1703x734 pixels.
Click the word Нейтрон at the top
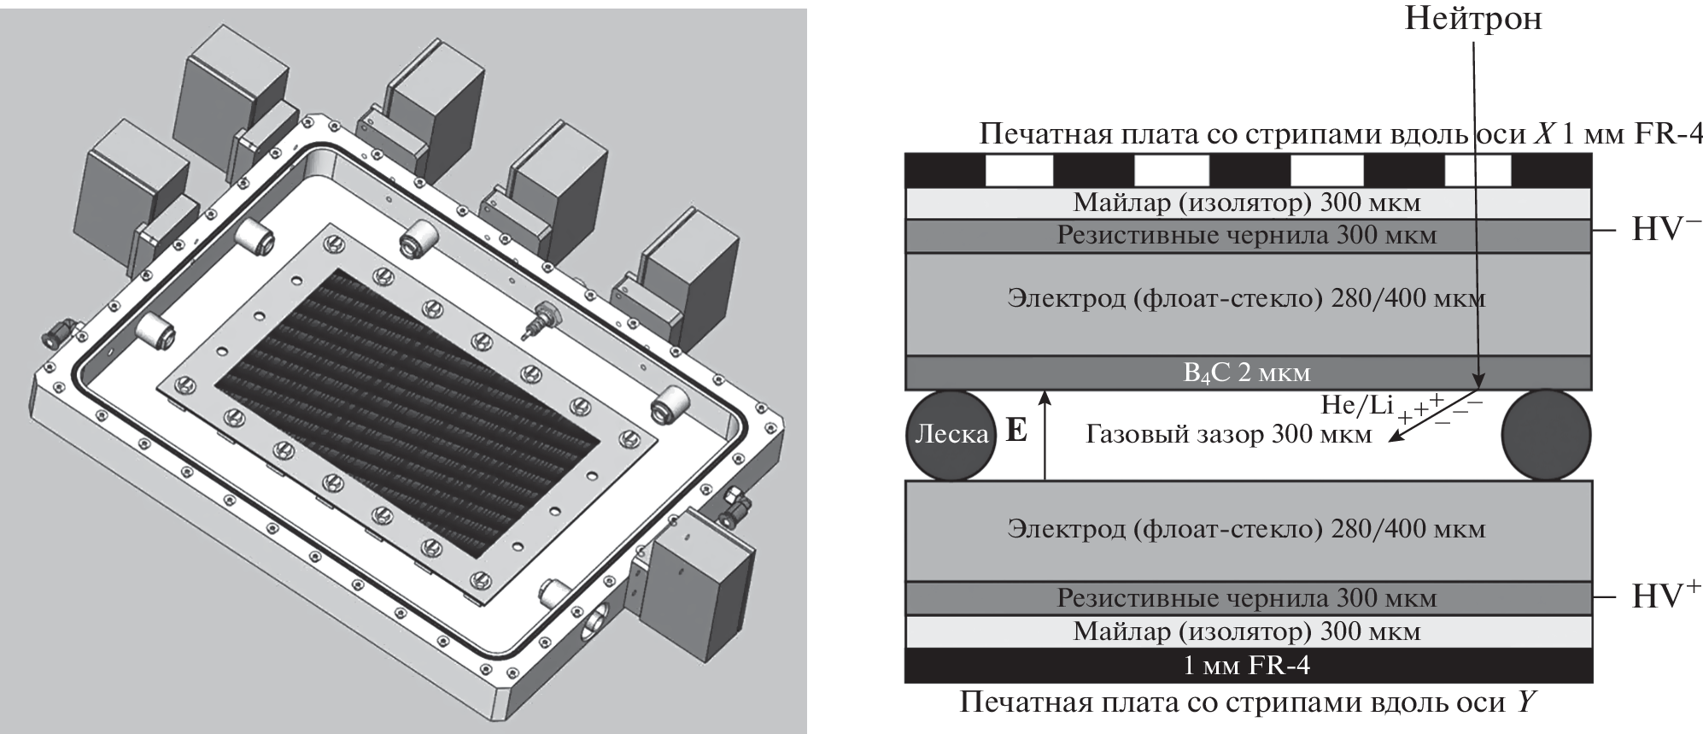click(1473, 18)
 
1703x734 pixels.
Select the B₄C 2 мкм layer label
click(1247, 373)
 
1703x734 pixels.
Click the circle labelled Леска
click(950, 434)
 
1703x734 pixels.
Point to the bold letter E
click(1016, 430)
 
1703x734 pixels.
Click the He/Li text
click(1356, 404)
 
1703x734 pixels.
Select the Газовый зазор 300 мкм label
click(1228, 434)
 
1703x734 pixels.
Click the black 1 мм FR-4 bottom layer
click(1247, 665)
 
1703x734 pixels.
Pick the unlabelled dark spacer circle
click(1546, 434)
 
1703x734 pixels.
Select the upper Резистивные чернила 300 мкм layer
click(1247, 235)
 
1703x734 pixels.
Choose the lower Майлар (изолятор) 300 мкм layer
click(1247, 631)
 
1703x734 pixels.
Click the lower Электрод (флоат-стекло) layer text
click(1247, 529)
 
